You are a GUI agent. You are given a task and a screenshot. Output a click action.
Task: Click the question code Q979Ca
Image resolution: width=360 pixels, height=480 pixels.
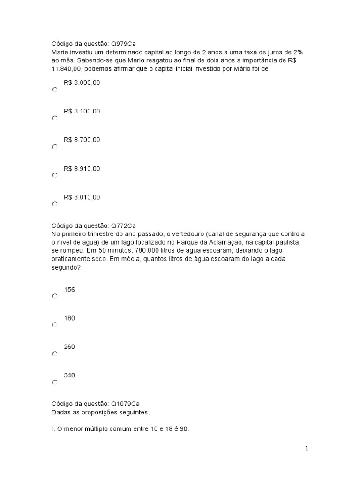[x=123, y=44]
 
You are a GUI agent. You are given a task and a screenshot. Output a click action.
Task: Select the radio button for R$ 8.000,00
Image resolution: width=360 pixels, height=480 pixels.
[x=55, y=90]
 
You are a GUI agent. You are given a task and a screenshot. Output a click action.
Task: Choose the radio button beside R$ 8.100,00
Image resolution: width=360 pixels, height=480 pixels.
[x=55, y=118]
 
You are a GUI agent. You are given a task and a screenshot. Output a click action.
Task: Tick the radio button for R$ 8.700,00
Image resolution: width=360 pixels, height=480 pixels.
[x=55, y=147]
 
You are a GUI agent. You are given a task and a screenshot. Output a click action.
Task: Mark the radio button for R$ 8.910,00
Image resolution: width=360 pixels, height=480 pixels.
[x=55, y=175]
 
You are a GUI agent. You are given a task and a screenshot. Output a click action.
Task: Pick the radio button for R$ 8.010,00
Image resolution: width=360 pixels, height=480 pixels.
[x=55, y=204]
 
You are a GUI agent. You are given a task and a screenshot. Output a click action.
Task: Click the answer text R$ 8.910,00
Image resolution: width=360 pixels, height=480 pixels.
[x=82, y=169]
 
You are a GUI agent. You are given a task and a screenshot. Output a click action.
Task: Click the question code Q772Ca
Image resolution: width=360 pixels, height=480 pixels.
[x=123, y=225]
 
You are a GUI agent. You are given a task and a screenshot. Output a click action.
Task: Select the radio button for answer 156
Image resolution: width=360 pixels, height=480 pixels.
[x=55, y=296]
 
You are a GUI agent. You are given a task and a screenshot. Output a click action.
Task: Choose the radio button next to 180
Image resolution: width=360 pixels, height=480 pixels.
[x=55, y=324]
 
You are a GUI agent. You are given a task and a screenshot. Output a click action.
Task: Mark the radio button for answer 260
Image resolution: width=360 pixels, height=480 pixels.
[x=55, y=353]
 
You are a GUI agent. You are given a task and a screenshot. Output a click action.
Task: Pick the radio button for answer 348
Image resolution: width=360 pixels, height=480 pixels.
[x=55, y=382]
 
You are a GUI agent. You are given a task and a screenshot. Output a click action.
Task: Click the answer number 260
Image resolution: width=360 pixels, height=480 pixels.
[x=69, y=347]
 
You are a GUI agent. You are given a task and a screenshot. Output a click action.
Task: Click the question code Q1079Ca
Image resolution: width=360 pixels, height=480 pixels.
[x=125, y=404]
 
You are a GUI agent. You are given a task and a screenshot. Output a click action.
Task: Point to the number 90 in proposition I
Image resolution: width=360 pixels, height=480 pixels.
[x=184, y=429]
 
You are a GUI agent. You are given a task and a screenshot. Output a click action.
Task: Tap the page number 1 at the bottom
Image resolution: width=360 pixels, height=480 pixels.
[x=307, y=449]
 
